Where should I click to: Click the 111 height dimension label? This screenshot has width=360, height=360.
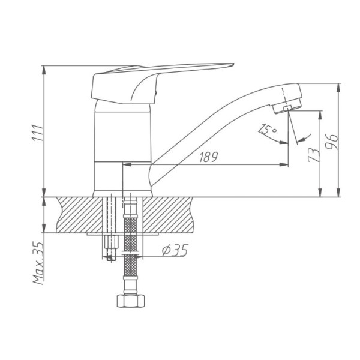pos(37,133)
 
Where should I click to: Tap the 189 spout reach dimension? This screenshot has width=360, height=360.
pos(208,157)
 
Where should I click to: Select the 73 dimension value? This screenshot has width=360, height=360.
pos(314,155)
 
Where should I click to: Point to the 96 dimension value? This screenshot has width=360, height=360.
pos(332,142)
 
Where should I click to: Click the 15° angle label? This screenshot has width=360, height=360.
pos(267,129)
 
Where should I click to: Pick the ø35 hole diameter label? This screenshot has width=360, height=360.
pos(175,250)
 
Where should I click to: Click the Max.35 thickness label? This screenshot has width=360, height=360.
pos(38,263)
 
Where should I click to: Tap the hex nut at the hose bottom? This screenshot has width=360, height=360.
pos(131,301)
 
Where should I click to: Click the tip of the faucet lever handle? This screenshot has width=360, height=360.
pos(233,64)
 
